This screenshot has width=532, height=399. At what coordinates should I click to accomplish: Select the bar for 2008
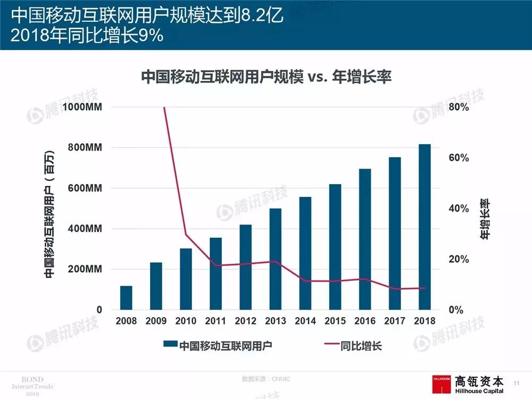point(126,297)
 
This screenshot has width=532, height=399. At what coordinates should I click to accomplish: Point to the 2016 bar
point(364,239)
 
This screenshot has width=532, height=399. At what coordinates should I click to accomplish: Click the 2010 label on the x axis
point(186,321)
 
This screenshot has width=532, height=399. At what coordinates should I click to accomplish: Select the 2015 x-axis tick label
point(335,321)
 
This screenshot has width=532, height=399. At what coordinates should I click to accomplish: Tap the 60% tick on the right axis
point(459,158)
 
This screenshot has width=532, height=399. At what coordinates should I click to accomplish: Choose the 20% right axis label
point(459,259)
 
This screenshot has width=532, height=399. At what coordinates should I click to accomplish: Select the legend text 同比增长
point(363,346)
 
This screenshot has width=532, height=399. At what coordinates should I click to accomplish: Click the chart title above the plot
point(266,78)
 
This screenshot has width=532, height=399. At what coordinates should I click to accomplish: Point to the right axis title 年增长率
point(485,219)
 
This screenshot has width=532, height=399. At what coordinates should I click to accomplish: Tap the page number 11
point(516,383)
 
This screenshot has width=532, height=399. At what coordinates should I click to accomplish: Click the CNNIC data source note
point(266,379)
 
